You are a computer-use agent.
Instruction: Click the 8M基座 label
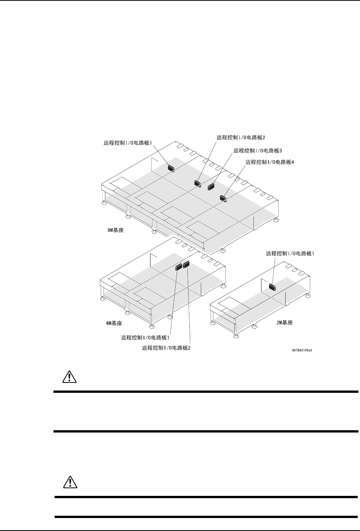point(115,231)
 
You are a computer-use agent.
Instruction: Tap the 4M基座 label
point(114,323)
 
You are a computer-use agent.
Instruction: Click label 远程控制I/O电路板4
point(270,162)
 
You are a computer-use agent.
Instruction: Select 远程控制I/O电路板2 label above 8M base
point(241,136)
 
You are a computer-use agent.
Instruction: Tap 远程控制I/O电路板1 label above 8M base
point(128,143)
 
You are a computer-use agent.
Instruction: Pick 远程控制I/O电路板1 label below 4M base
point(145,337)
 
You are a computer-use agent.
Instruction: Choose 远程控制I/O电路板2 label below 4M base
point(166,348)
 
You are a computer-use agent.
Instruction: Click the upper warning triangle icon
point(69,377)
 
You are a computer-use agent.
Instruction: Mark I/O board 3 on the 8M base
point(211,186)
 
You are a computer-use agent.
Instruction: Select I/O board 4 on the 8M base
point(224,198)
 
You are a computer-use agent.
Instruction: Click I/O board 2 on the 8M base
point(197,183)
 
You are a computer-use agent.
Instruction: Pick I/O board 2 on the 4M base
point(186,264)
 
